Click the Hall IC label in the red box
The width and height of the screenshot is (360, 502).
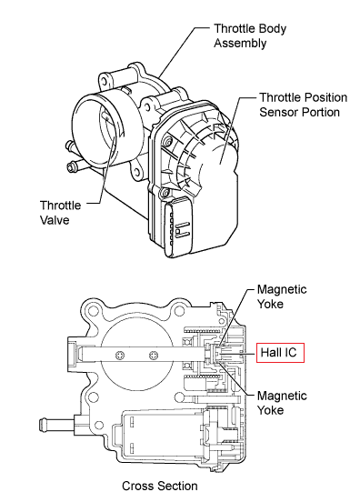click(279, 353)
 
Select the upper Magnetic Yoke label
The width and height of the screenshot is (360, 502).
click(282, 296)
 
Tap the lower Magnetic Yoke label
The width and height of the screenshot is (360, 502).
click(282, 403)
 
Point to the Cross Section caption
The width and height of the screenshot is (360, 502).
click(160, 486)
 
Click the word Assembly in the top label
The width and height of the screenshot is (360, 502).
click(240, 43)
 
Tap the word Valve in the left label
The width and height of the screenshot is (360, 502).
click(55, 220)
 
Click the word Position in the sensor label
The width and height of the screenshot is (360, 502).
click(325, 97)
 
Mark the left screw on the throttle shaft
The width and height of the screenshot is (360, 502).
click(120, 355)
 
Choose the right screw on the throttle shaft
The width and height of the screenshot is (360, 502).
click(154, 355)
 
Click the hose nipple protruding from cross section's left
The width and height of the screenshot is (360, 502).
click(57, 426)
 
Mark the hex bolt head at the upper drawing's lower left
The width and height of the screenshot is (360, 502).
click(71, 167)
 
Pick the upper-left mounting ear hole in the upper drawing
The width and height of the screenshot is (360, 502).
click(105, 81)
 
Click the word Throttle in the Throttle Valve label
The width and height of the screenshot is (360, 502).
click(61, 206)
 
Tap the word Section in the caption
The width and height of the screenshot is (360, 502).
click(178, 486)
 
